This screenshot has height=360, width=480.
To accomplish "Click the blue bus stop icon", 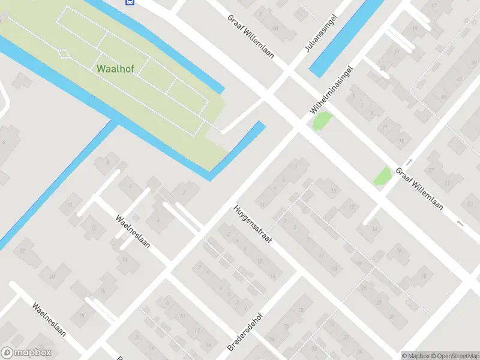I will pyautogui.click(x=129, y=2).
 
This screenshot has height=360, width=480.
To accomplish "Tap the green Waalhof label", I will pyautogui.click(x=115, y=68).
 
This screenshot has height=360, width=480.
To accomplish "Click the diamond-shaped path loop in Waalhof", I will pyautogui.click(x=64, y=53).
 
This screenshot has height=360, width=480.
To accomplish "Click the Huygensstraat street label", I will pyautogui.click(x=253, y=224).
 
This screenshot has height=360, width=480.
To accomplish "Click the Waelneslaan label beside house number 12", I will pyautogui.click(x=133, y=232).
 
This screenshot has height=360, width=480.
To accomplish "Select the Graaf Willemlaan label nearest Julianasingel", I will pyautogui.click(x=250, y=35).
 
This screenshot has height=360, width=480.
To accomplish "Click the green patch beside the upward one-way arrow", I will pyautogui.click(x=382, y=176).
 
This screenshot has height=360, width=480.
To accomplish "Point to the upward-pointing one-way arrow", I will pyautogui.click(x=409, y=162).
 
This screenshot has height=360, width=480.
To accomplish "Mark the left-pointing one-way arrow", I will pyautogui.click(x=460, y=224).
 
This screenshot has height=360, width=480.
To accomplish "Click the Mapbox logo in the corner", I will pyautogui.click(x=26, y=353).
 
